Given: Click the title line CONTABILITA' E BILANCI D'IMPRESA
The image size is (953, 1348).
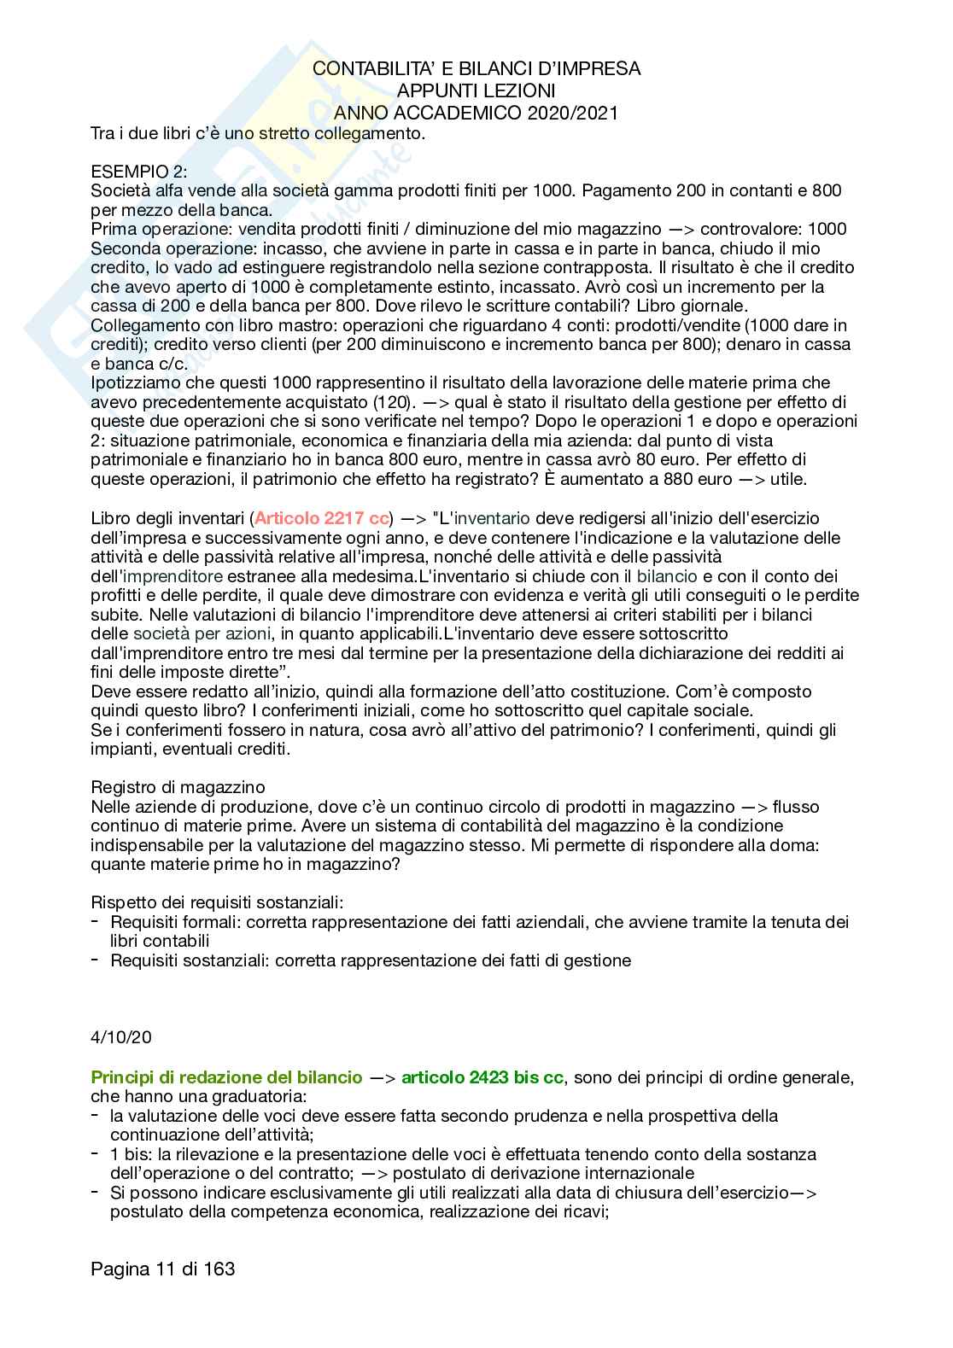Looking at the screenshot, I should click(476, 68).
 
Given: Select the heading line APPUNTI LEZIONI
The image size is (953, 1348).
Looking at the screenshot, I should click(476, 90).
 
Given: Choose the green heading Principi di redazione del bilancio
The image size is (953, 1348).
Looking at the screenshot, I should click(226, 1077).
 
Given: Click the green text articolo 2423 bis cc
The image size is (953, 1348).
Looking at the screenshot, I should click(482, 1077).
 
